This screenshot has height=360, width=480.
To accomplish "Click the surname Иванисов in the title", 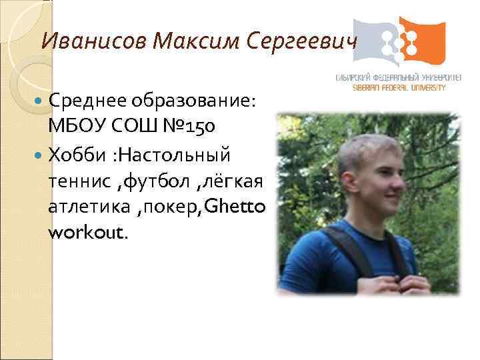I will click(94, 42).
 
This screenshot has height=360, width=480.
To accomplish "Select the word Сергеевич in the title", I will click(301, 42).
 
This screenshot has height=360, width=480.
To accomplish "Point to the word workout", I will click(85, 233).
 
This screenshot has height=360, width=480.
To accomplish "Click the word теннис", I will click(74, 182).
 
